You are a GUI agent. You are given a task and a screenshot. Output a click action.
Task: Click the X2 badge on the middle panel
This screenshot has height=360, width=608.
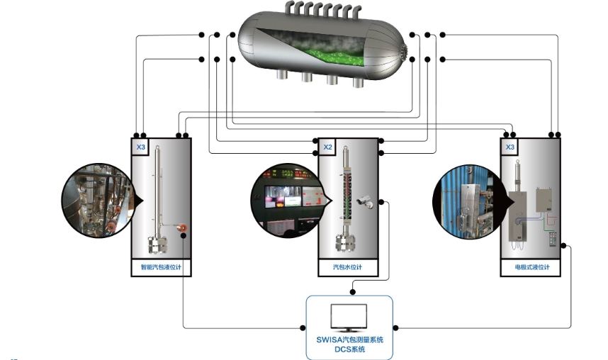click(328, 147)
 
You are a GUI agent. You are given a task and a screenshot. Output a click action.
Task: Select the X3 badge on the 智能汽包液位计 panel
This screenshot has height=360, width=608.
click(140, 147)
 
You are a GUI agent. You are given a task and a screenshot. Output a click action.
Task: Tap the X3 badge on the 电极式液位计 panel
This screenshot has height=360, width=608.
click(510, 147)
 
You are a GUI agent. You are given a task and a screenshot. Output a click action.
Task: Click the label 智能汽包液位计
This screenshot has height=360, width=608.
click(162, 267)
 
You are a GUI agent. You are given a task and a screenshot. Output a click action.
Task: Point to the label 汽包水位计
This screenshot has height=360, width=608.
click(347, 267)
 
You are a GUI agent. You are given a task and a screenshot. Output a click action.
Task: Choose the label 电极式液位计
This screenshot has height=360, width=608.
click(531, 267)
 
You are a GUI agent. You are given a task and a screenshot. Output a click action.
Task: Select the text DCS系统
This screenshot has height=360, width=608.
click(349, 349)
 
